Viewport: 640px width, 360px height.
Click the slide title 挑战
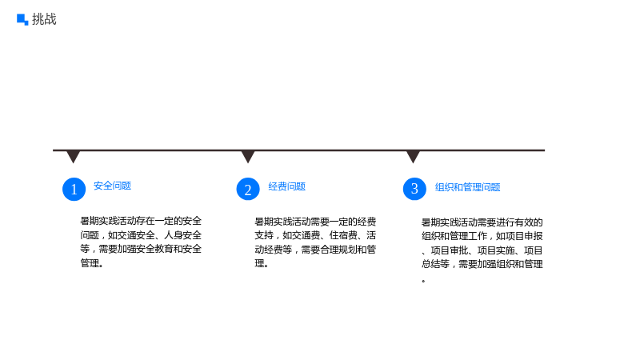point(44,19)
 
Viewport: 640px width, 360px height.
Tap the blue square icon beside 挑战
point(22,19)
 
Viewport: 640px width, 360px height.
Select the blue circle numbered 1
point(74,189)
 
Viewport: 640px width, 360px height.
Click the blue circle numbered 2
point(248,189)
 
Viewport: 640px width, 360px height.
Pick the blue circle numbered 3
point(414,189)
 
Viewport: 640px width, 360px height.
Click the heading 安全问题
point(112,186)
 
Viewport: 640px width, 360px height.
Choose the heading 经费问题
point(287,186)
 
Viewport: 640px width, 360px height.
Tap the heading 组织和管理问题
point(468,187)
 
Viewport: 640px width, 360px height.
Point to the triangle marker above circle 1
point(74,157)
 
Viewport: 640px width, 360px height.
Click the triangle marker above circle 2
point(248,157)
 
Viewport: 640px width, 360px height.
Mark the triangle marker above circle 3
point(413,157)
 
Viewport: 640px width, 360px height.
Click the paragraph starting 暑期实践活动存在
point(141,242)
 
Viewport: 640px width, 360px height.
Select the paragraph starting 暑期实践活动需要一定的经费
point(315,242)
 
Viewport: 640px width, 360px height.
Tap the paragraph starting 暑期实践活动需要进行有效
point(482,250)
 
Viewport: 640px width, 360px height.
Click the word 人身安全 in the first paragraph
point(183,235)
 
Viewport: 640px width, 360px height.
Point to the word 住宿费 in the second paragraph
point(343,235)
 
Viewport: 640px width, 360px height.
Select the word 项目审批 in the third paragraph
point(450,250)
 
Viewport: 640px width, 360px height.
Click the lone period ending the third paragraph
point(424,282)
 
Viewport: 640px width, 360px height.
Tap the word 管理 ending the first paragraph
point(90,263)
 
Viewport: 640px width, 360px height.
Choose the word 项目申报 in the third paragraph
point(524,236)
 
